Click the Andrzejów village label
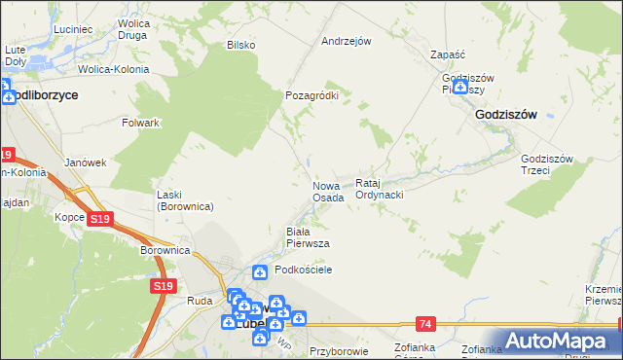348,42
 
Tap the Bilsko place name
240,45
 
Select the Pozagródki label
311,95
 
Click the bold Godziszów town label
506,114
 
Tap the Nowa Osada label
327,192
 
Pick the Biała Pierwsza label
307,236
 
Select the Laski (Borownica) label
185,200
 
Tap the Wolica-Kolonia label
115,70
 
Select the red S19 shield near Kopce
99,220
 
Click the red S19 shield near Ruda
163,286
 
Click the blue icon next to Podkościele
260,271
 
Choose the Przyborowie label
337,351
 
